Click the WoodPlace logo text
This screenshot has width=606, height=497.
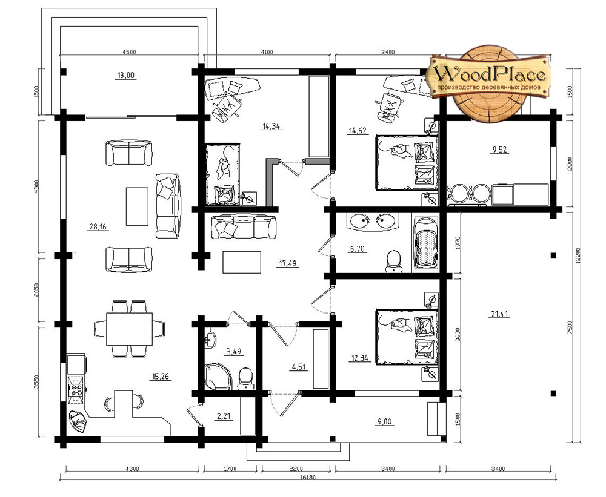click(491, 73)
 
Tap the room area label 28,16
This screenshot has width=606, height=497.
click(98, 226)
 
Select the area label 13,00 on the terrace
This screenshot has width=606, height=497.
click(125, 75)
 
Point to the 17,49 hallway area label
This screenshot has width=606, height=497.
click(288, 263)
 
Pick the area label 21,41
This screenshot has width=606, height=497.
click(499, 314)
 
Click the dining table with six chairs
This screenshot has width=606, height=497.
click(129, 329)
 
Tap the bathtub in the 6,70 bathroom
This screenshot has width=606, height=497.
click(426, 242)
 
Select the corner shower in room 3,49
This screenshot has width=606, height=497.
click(217, 376)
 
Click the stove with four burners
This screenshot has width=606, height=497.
click(76, 390)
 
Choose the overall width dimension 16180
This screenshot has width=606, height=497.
click(308, 477)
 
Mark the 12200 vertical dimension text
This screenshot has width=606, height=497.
click(578, 255)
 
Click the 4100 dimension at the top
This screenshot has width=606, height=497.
click(267, 52)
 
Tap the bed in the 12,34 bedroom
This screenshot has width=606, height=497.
click(407, 337)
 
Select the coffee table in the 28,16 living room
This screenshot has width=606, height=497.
click(137, 206)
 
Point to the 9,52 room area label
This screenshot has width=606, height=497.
click(499, 150)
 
